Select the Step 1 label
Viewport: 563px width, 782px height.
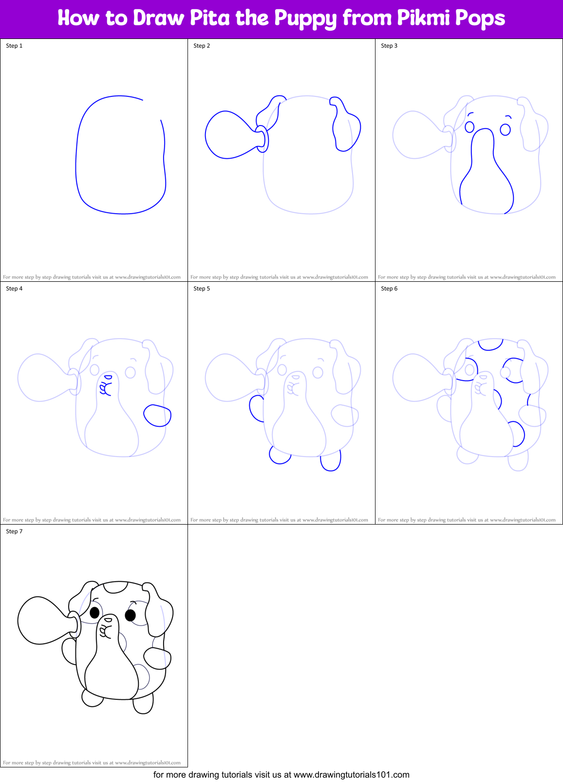(14, 46)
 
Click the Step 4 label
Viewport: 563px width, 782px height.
(14, 289)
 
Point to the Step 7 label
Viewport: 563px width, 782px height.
(14, 531)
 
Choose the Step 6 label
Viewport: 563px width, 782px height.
(389, 289)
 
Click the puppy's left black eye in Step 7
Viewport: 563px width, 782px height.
(94, 612)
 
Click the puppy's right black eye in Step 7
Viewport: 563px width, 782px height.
(130, 616)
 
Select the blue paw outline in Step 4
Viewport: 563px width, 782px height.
(157, 416)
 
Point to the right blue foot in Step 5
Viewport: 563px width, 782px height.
(331, 461)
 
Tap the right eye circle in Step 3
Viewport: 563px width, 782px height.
(505, 129)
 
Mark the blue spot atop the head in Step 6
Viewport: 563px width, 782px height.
(490, 344)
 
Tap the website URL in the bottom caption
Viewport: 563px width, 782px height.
(351, 774)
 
